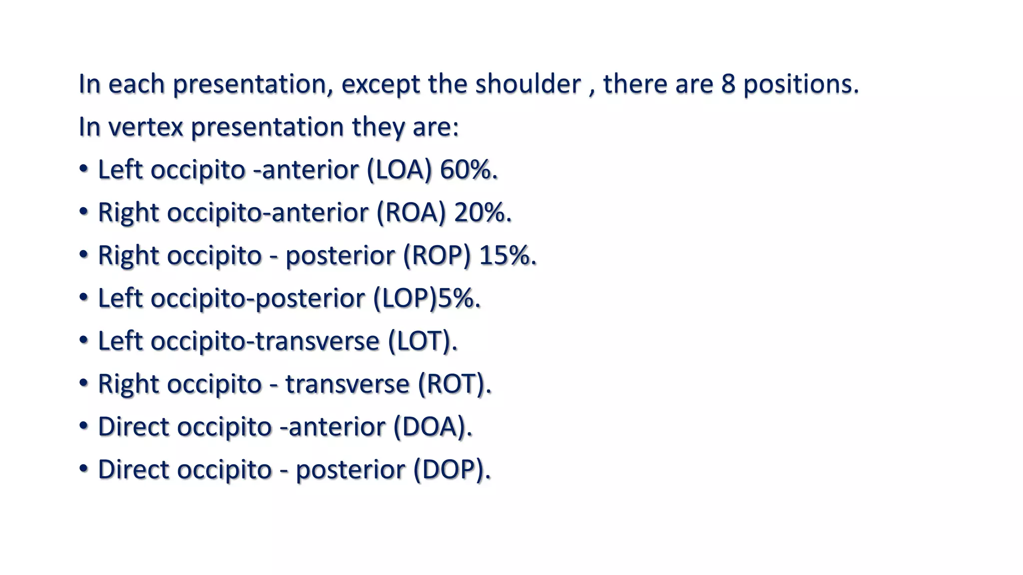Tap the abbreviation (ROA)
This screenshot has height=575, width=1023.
click(x=411, y=213)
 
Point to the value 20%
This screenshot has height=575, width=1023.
click(x=482, y=213)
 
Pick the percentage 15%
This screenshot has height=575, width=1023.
click(x=507, y=256)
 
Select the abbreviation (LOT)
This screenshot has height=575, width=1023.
click(x=422, y=341)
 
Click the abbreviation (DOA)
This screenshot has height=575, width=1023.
click(x=432, y=427)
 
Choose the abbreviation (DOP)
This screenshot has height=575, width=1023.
click(x=452, y=470)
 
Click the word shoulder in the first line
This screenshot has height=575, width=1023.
click(x=528, y=84)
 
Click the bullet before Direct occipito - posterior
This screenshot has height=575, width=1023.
click(x=84, y=469)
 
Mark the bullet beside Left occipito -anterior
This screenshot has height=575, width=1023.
click(x=84, y=169)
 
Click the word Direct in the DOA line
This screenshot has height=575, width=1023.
click(x=133, y=427)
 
